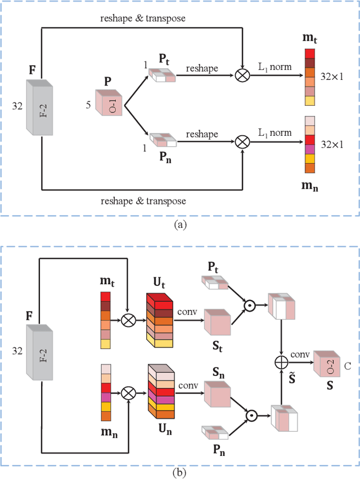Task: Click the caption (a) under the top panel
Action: click(x=180, y=224)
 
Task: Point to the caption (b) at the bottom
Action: click(x=180, y=473)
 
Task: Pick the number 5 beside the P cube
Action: click(x=88, y=104)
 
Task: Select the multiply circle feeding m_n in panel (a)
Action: click(x=242, y=142)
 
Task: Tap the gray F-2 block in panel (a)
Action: click(x=40, y=107)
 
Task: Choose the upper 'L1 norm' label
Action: click(x=275, y=66)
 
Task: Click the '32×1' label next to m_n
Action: click(x=332, y=144)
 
